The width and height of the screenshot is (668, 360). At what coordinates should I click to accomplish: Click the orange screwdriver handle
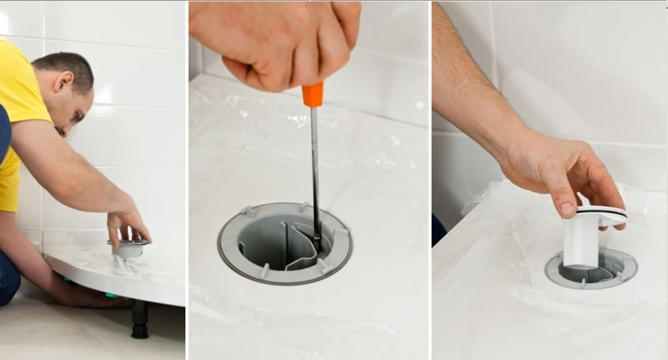click(x=313, y=94)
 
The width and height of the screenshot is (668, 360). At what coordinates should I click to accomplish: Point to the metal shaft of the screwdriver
click(x=315, y=167)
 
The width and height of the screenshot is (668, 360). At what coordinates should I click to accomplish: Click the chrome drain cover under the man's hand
click(x=129, y=248)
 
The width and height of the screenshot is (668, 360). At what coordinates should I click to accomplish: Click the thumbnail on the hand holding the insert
click(x=568, y=208)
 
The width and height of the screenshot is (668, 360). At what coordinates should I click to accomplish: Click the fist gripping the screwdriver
click(x=276, y=42)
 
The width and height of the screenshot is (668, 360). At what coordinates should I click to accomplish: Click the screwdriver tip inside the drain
click(x=316, y=242)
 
